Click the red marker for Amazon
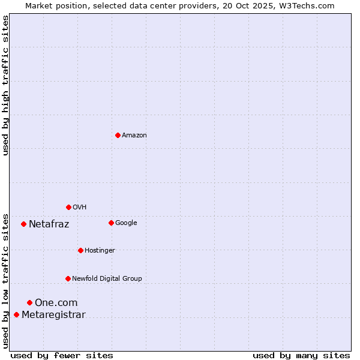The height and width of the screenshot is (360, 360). click(x=118, y=135)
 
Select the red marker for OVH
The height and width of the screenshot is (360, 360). click(x=68, y=207)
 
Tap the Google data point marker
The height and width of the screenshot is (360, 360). click(x=111, y=223)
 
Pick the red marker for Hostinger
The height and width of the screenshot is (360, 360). click(x=80, y=250)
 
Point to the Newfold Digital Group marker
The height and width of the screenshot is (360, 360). click(x=68, y=278)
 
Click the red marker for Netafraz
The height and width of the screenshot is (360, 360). click(x=23, y=224)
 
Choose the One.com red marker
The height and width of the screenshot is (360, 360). click(x=29, y=302)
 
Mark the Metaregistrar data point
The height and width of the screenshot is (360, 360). click(x=16, y=314)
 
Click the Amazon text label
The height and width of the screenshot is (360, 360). click(x=134, y=136)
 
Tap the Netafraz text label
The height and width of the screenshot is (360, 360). click(x=49, y=224)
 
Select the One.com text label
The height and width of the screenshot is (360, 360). click(x=56, y=303)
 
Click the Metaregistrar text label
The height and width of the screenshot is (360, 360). click(x=53, y=315)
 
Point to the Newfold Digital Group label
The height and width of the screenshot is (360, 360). click(x=107, y=279)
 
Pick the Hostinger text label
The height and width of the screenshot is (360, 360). click(x=100, y=251)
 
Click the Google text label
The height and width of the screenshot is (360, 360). click(x=126, y=223)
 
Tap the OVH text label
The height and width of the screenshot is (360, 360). click(x=80, y=208)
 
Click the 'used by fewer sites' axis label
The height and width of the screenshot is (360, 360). click(x=62, y=356)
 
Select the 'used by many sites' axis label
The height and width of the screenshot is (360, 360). click(x=301, y=356)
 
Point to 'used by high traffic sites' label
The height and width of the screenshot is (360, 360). click(x=5, y=85)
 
